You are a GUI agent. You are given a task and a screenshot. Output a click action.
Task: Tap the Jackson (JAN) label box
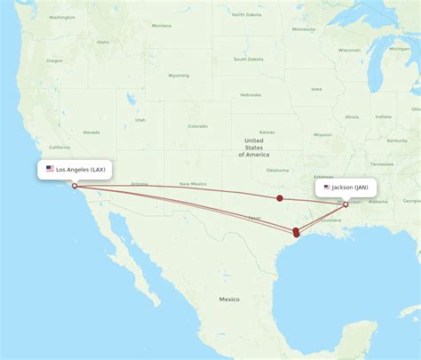coord(346,188)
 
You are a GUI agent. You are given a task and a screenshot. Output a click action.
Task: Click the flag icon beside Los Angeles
coord(50,169)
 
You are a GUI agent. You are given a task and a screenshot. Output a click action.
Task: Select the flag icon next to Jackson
coord(327,188)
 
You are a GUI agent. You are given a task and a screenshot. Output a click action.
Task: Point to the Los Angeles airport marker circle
coord(75,186)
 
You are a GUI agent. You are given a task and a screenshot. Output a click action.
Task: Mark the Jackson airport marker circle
coord(346,204)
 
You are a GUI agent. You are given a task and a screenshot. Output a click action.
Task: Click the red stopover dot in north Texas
coord(280,198)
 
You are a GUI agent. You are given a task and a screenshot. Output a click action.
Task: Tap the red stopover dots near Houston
coord(296,232)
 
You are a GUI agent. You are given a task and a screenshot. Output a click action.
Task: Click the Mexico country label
coord(230,300)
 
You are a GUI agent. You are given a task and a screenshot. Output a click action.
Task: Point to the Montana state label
coord(161,26)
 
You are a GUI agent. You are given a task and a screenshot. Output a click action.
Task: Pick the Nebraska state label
coord(250,94)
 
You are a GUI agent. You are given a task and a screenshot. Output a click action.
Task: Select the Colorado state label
coord(197,126)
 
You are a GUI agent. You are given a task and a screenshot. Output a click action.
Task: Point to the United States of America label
coord(254,148)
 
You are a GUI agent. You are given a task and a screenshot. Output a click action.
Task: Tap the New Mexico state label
coord(192,184)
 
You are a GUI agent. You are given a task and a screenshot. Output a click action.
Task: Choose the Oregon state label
coord(55,60)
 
